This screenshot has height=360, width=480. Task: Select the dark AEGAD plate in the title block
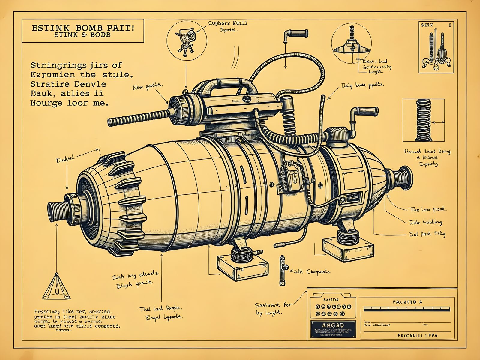333,329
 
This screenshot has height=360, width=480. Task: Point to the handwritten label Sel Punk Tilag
427,234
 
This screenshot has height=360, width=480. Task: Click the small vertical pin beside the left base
282,270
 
